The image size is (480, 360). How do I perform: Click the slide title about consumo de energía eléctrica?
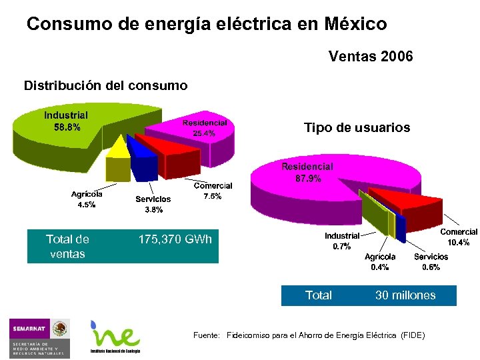[x=207, y=25]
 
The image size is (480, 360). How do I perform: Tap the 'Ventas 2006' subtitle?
[x=371, y=57]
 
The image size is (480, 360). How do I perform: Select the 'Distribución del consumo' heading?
[x=106, y=85]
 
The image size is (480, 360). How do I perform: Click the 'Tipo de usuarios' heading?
[x=357, y=127]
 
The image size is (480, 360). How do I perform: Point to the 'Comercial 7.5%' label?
[x=213, y=191]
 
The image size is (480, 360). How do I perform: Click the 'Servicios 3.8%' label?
[x=153, y=204]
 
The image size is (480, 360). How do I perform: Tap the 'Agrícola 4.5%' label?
[x=87, y=199]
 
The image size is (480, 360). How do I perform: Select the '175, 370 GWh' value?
[x=175, y=239]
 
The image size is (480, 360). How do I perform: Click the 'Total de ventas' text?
[x=67, y=246]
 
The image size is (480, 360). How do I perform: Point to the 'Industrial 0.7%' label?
[x=341, y=241]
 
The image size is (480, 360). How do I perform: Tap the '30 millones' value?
[x=405, y=295]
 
